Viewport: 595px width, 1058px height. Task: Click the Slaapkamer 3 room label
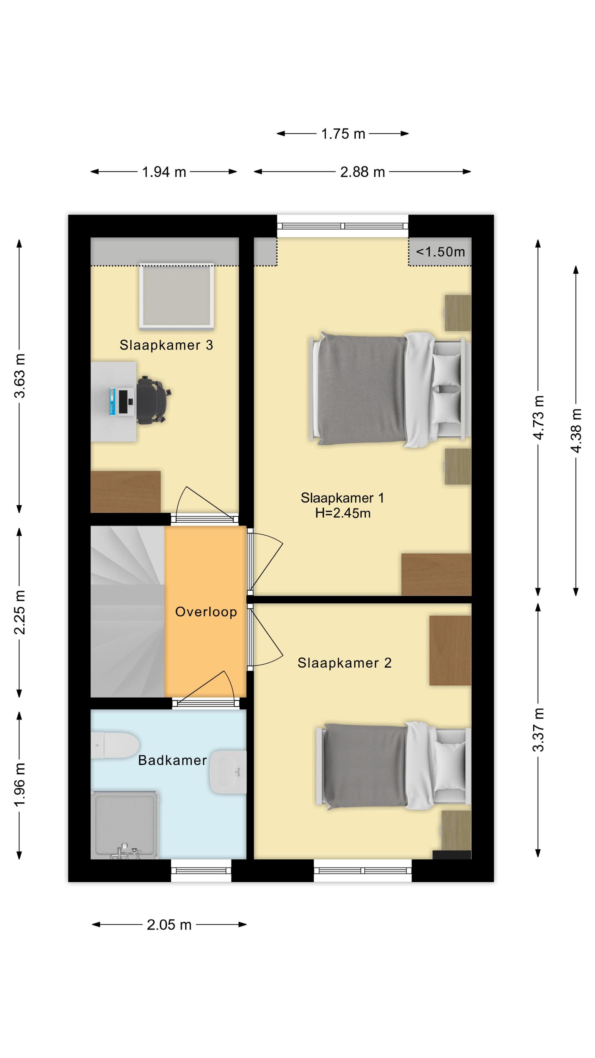point(166,345)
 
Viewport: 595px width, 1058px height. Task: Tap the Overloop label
point(206,612)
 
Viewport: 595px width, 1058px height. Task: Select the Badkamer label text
point(172,760)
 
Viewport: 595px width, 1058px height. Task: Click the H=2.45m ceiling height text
point(343,513)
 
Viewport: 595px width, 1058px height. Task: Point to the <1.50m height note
point(441,251)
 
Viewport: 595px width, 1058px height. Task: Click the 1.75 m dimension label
point(343,134)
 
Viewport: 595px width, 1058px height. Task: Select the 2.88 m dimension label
point(363,172)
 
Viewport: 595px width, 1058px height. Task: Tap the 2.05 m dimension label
point(169,925)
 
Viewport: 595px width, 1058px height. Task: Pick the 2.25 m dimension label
point(20,612)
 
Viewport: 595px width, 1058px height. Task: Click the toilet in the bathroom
point(115,745)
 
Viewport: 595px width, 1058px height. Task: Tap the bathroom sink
point(228,772)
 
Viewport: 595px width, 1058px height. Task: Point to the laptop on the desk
point(122,401)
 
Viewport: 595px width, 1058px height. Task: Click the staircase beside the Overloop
point(127,612)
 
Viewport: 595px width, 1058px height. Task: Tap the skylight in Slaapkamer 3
point(177,296)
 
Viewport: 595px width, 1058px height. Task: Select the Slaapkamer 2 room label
point(344,663)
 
